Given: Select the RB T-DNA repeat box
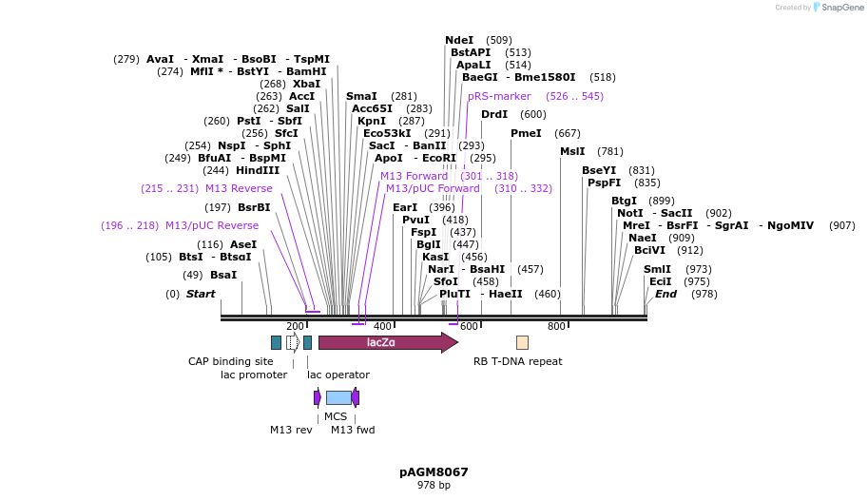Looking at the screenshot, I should (x=522, y=342).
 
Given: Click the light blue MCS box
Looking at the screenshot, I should (x=338, y=397).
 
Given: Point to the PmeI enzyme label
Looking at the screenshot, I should (x=526, y=133).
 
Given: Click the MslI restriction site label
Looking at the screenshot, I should (x=572, y=151).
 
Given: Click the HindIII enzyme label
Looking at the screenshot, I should (x=258, y=170).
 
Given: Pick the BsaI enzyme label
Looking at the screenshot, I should (x=223, y=275).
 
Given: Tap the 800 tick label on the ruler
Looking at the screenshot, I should (x=556, y=327).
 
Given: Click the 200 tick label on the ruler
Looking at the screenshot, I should (x=295, y=327).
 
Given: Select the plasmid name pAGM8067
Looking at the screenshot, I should (x=434, y=471).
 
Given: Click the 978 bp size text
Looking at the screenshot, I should (x=434, y=485).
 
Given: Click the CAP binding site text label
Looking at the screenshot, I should (x=230, y=361).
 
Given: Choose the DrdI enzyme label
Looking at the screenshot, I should (x=494, y=114).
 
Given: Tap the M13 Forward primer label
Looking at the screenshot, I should (x=414, y=176).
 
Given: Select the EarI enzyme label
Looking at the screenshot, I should (x=405, y=207).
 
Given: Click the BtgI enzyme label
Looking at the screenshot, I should (x=624, y=201).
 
